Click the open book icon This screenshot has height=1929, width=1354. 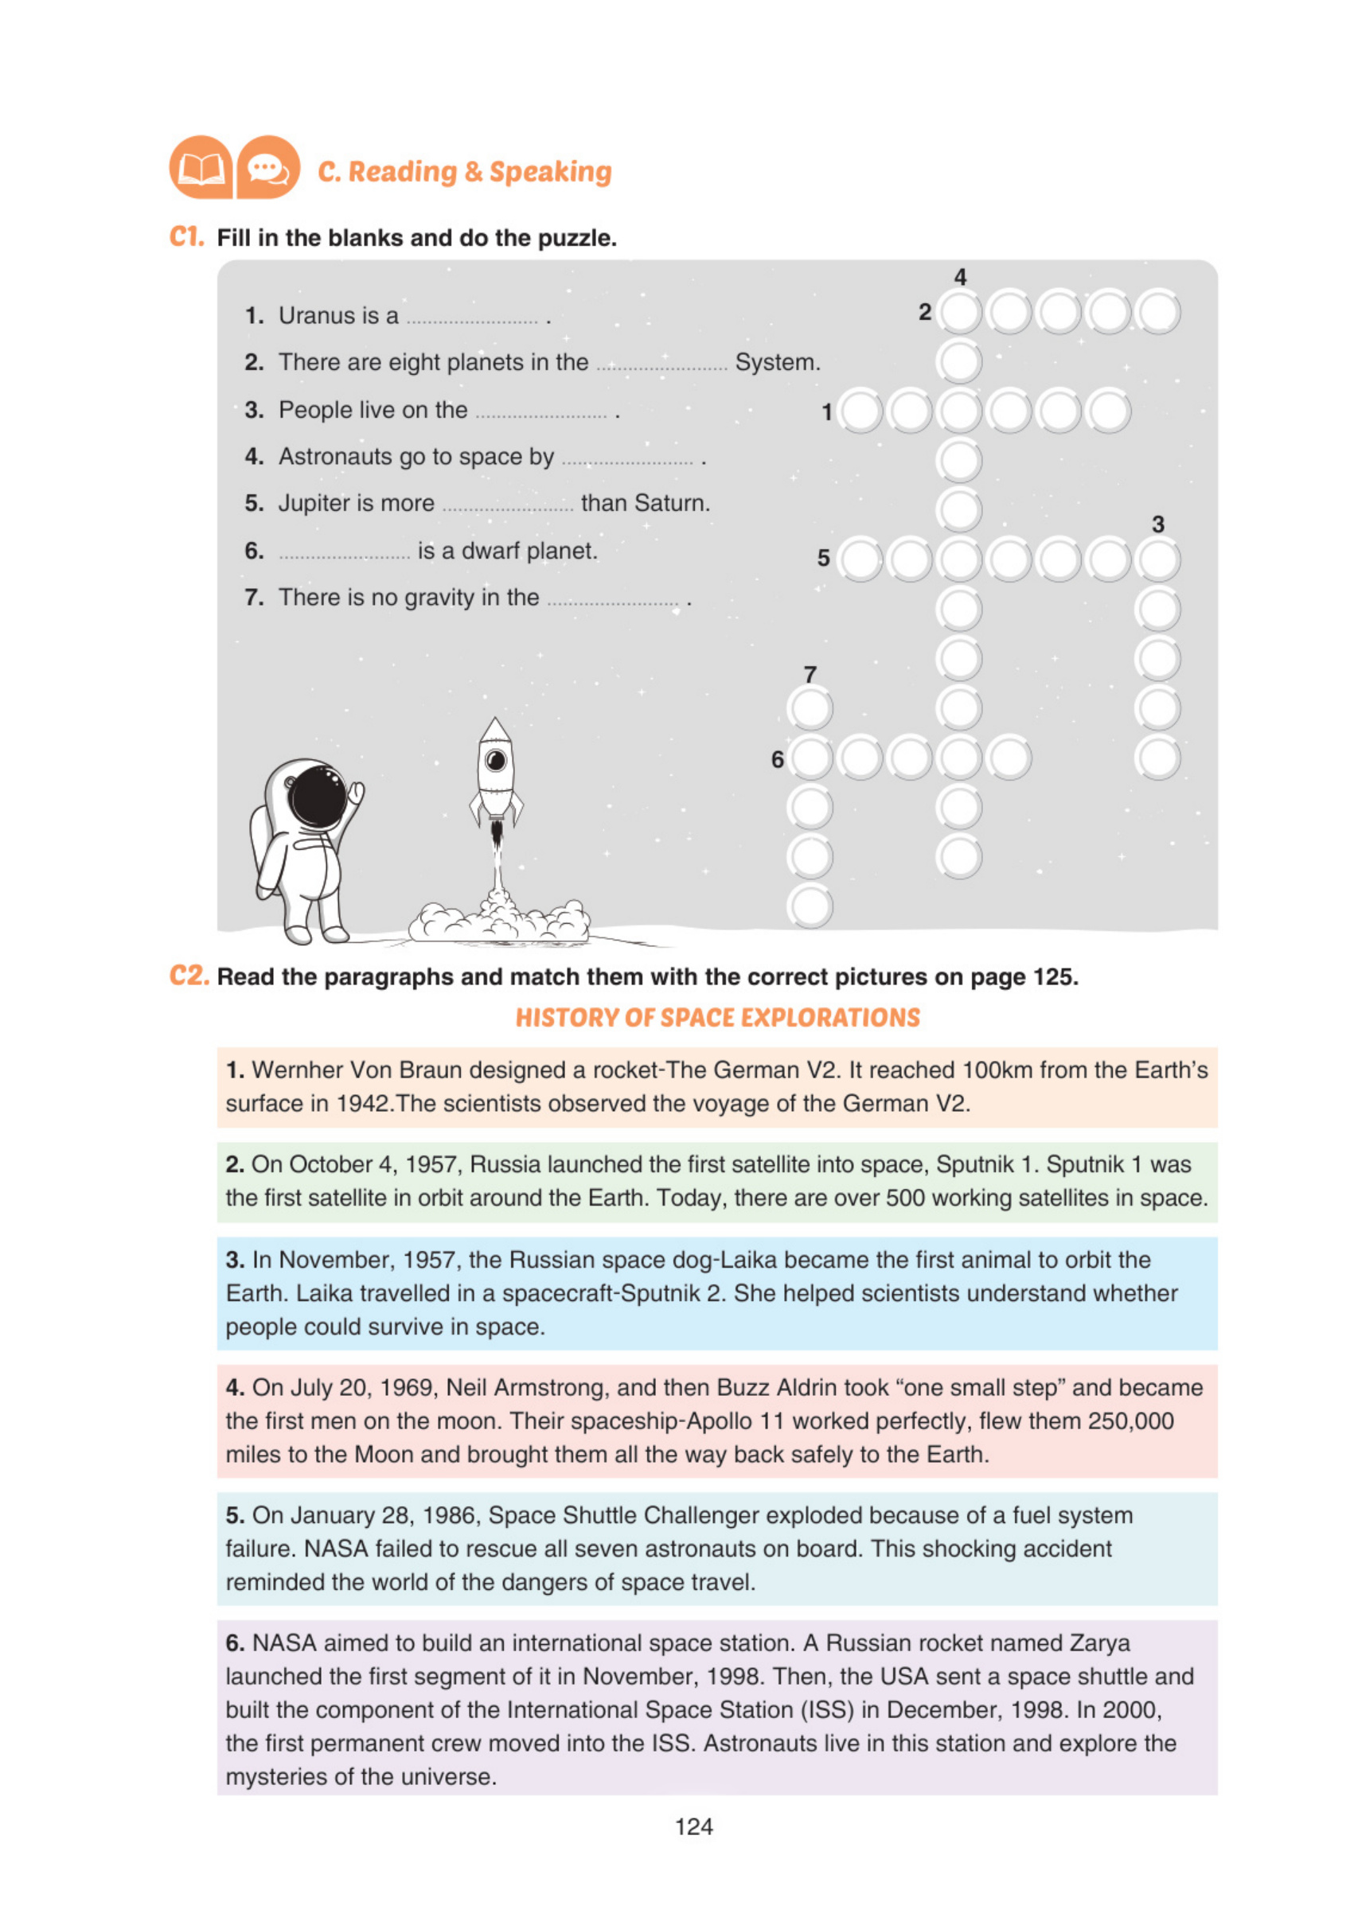[x=201, y=168]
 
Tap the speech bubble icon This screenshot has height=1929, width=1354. [x=268, y=168]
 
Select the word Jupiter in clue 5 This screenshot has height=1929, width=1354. [x=317, y=503]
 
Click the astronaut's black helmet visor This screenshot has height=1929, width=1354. [x=317, y=796]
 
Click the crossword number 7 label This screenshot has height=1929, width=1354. [x=810, y=675]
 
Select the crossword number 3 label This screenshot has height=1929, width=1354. [x=1158, y=524]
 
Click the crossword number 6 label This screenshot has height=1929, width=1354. [x=778, y=759]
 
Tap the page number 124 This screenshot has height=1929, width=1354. [x=694, y=1826]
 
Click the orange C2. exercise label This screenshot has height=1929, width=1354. [x=189, y=976]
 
